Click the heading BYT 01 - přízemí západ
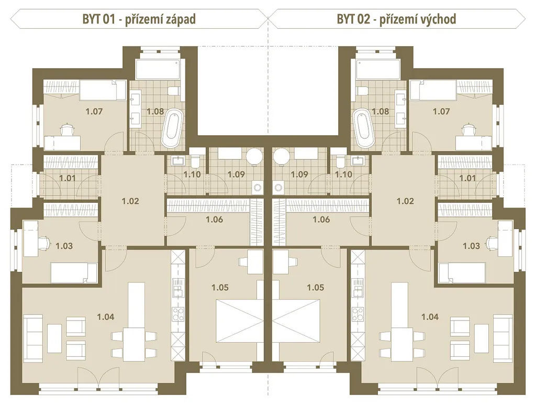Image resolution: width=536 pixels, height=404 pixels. pos(139,19)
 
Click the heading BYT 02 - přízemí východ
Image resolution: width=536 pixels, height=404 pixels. pos(397,19)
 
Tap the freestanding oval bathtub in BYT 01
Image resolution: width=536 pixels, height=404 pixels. pos(171,128)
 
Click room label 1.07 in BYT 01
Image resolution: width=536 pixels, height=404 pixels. pos(94,111)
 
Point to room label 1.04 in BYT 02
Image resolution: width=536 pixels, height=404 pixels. pos(430,317)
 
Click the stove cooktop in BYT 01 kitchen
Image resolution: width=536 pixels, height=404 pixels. pos(178,314)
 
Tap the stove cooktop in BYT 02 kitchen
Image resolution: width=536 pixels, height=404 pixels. pos(358,314)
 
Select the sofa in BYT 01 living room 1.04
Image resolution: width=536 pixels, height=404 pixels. pos(33,339)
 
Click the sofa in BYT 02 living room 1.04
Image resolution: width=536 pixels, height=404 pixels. pos(503,339)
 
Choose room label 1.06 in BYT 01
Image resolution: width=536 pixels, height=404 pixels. pos(214,219)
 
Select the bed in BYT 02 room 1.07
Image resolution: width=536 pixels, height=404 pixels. pos(433,90)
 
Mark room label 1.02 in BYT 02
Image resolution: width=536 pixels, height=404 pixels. pos(405,201)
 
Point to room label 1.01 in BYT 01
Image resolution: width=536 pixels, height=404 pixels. pos(68,178)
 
